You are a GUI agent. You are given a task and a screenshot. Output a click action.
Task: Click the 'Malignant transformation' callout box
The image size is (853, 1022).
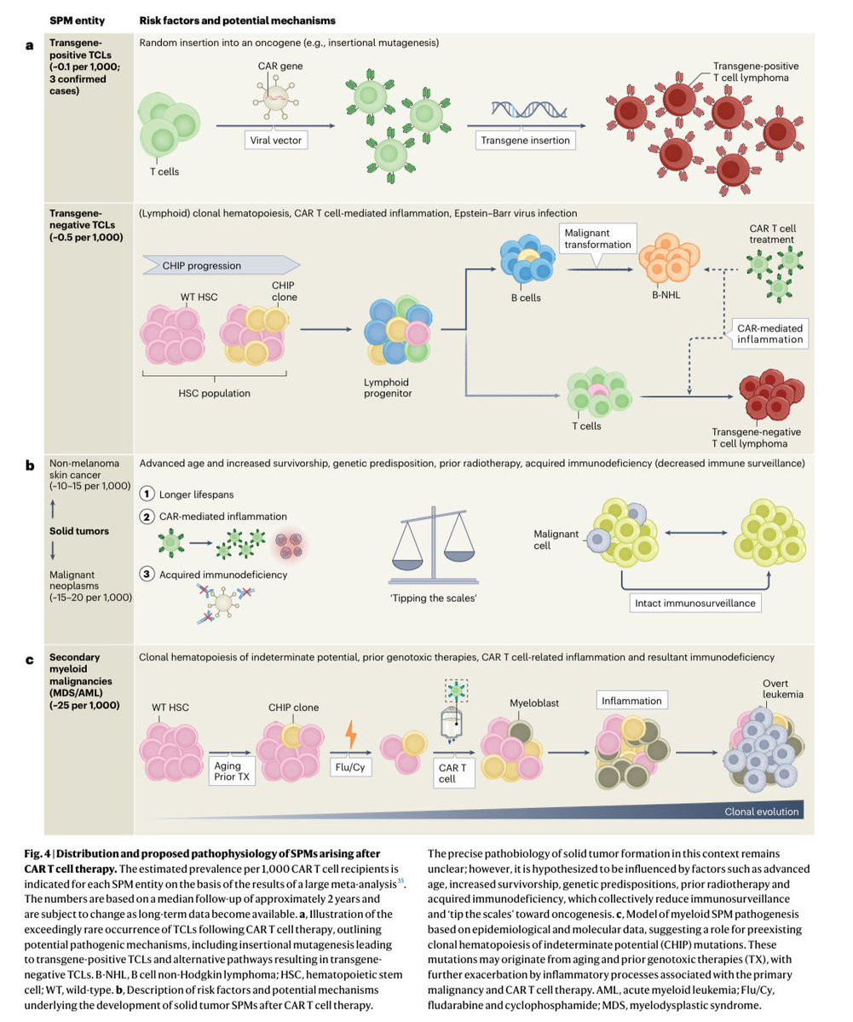597,238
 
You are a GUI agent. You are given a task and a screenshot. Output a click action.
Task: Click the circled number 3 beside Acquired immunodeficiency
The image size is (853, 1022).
147,574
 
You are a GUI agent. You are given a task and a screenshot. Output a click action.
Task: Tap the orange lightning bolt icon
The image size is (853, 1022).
349,732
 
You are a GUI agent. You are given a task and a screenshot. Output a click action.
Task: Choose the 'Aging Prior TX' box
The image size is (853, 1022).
232,772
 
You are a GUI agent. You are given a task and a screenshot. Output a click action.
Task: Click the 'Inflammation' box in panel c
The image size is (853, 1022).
631,701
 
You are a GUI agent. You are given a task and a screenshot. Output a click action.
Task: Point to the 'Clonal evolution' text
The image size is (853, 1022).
760,811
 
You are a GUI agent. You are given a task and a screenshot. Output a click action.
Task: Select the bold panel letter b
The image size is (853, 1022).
30,465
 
